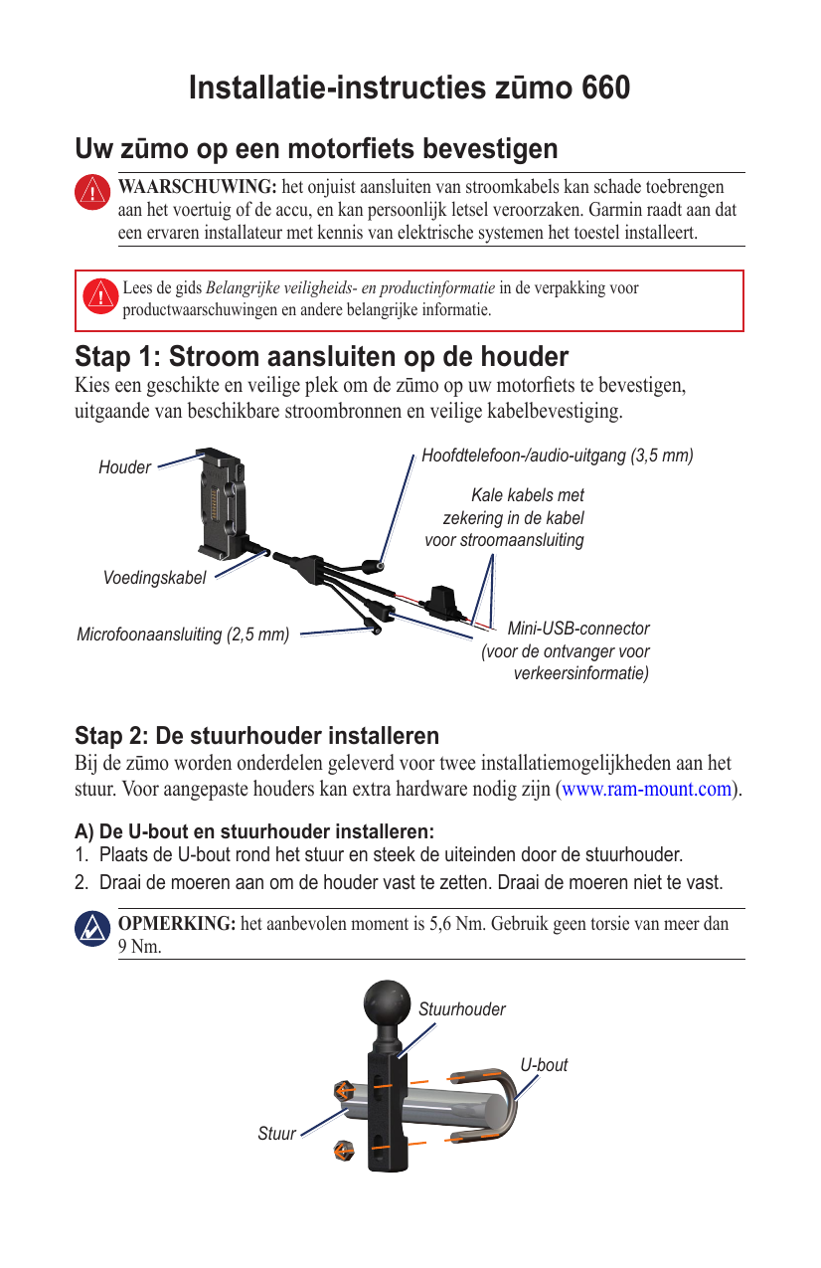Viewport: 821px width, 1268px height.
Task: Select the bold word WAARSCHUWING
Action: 198,187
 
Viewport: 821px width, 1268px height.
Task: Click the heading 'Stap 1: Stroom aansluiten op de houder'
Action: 321,357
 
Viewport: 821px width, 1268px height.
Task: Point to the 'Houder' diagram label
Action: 124,467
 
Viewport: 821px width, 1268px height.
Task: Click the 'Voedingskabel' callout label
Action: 155,578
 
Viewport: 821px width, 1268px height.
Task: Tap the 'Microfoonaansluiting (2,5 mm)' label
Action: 183,634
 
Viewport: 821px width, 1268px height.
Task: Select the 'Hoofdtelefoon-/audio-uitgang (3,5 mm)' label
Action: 557,455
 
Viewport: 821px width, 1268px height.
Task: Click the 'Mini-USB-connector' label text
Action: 578,629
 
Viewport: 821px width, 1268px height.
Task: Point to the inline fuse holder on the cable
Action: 440,601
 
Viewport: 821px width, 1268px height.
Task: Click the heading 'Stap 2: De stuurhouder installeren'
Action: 256,737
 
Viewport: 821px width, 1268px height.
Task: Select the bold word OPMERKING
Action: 177,924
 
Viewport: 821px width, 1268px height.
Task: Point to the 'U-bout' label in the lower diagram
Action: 545,1065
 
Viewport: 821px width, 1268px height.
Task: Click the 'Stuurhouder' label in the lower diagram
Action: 461,1009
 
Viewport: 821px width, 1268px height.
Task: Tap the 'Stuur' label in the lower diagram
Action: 277,1133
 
